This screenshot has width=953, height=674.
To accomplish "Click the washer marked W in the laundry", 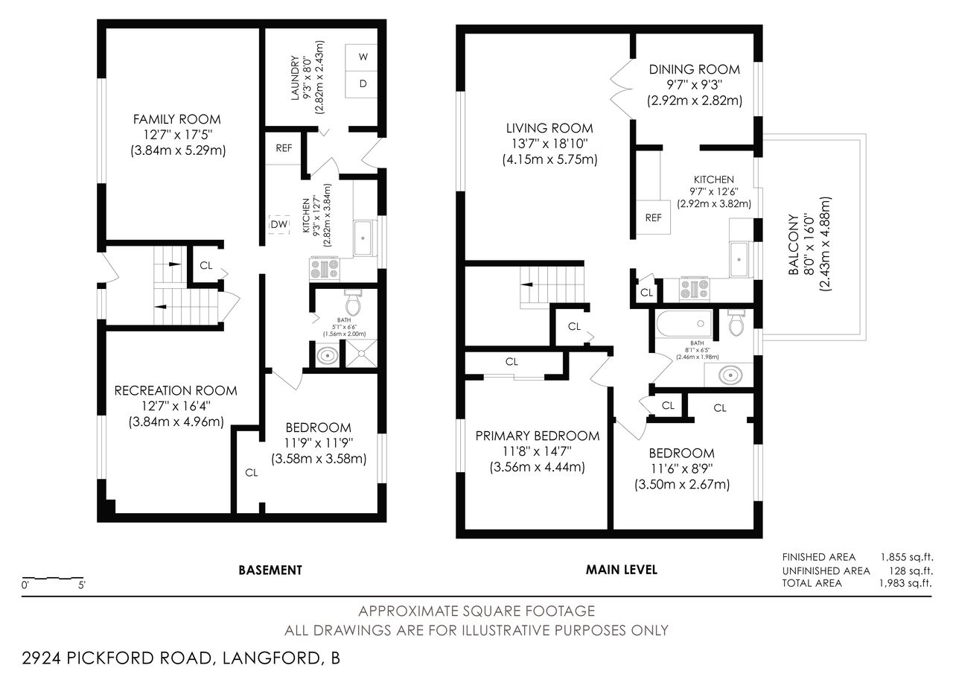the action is pos(361,57).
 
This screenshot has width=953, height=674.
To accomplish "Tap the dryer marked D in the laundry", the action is pos(361,84).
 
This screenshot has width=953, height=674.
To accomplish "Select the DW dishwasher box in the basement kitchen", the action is pos(279,224).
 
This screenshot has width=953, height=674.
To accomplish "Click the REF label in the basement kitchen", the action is pos(284,148).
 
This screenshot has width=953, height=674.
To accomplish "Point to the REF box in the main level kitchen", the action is pos(654,217).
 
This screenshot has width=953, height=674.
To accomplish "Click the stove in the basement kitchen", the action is pos(325,269).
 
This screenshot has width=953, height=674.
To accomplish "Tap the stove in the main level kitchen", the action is pos(695,289).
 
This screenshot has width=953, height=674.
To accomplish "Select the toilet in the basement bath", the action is pos(353,302).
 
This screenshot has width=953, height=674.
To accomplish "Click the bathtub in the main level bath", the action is pos(683,324).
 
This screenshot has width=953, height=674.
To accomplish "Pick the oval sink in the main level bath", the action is pos(730,375).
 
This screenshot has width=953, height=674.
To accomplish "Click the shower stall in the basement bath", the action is pos(361,353).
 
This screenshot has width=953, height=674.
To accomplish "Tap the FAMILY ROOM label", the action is pos(177,119).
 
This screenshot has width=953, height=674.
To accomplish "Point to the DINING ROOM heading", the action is pos(695,69).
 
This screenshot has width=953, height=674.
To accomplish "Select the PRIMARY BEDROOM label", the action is pos(538,436).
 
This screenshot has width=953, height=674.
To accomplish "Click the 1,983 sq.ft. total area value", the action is pos(906,583).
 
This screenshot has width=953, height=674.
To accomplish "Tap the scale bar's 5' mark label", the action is pos(82,585).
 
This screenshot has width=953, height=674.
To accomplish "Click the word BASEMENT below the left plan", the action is pos(270,570).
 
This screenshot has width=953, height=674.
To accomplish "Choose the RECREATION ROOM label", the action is pos(176,390).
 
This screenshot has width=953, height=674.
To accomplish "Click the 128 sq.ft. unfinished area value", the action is pos(911,570).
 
